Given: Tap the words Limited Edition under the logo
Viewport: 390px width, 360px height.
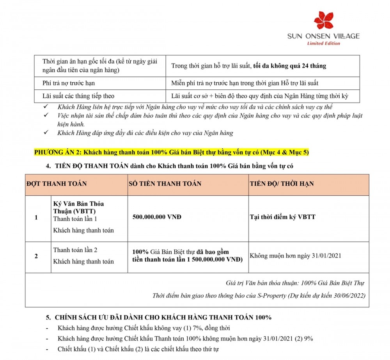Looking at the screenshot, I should [x=324, y=43].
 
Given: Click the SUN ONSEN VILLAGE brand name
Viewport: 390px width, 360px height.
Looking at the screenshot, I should [x=323, y=36].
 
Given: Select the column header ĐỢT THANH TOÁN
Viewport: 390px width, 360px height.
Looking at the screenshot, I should [x=57, y=183].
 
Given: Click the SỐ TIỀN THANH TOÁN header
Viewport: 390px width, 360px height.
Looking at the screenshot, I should [x=165, y=183].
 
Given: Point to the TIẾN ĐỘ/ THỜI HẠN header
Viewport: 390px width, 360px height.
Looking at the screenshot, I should [x=282, y=183].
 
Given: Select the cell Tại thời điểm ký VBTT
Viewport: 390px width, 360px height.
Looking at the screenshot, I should [x=282, y=217].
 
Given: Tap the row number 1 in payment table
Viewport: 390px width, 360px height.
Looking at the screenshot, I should [x=36, y=217].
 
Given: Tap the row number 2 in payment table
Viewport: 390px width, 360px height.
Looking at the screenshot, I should [x=36, y=256].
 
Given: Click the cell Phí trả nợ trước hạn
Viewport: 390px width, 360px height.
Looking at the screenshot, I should [x=69, y=83].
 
